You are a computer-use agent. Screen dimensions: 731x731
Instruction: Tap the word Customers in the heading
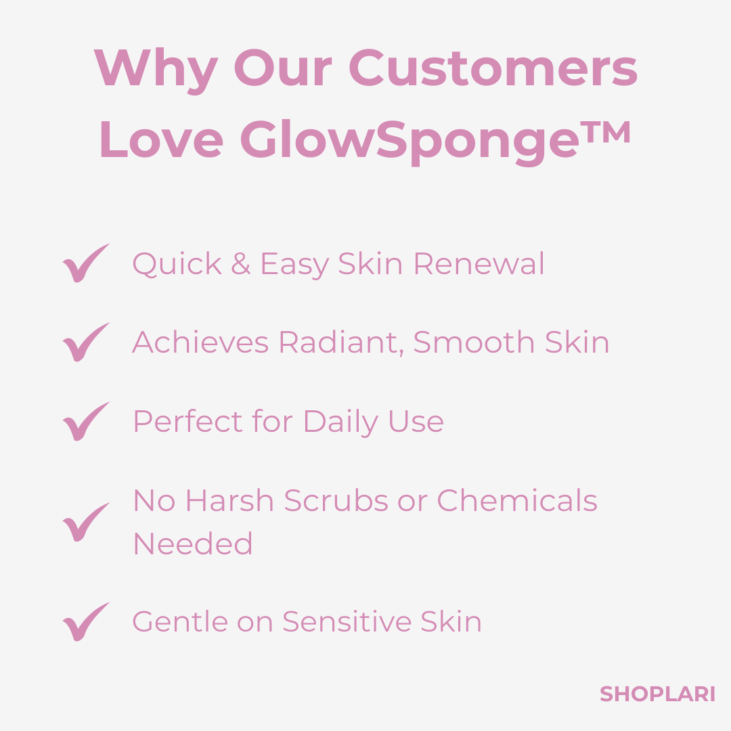[493, 68]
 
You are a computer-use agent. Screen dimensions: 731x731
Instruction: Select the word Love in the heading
[161, 141]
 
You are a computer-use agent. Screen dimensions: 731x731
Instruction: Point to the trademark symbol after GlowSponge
[608, 132]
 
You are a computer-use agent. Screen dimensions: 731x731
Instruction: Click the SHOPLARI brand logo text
[657, 694]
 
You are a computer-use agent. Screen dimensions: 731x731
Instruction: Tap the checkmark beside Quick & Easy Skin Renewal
[85, 263]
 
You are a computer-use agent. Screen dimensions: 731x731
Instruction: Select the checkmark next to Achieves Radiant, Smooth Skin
[85, 342]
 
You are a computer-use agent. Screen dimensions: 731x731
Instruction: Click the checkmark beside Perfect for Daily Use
[85, 422]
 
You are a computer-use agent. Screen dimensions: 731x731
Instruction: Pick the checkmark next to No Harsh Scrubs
[85, 523]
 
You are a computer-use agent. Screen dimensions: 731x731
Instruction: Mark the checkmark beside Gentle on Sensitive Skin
[85, 622]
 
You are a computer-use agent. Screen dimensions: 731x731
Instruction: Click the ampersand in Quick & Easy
[240, 264]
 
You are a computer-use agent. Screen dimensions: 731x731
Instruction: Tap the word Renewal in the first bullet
[479, 264]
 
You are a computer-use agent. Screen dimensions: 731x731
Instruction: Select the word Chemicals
[517, 502]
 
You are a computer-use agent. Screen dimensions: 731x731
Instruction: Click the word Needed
[193, 544]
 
